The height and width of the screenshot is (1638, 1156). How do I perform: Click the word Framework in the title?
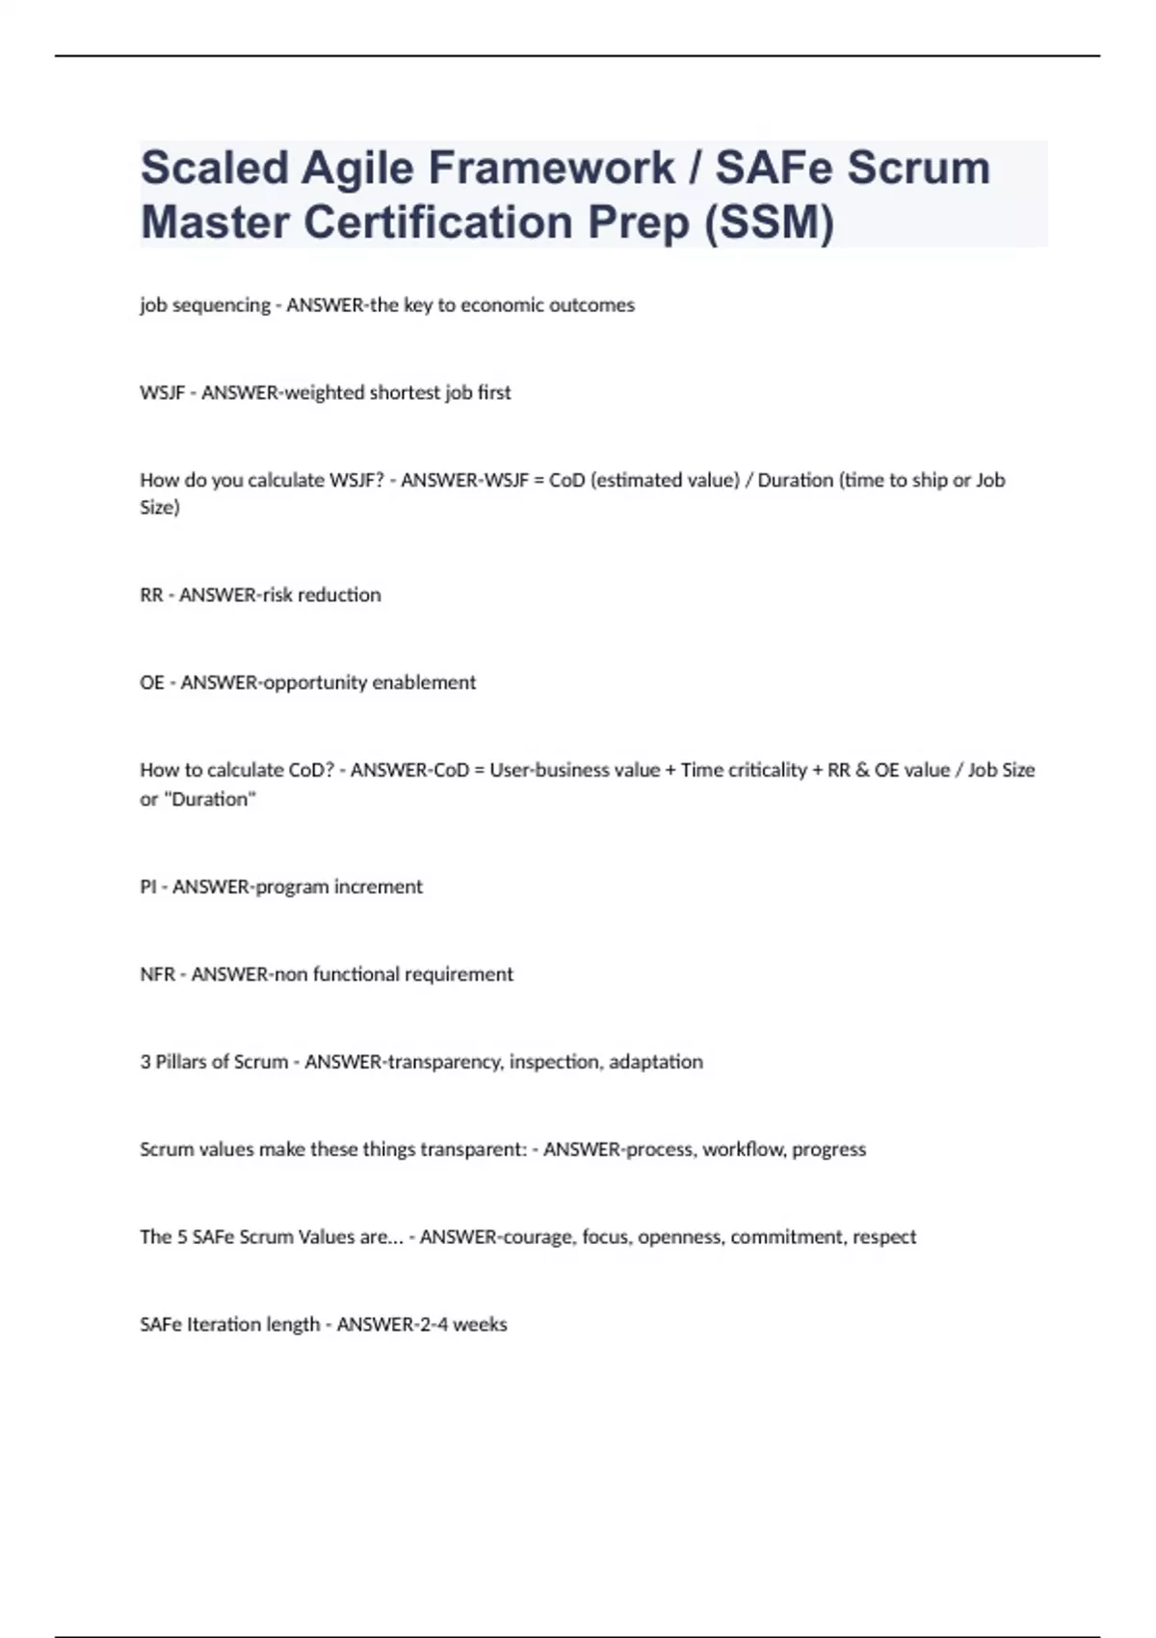coord(551,169)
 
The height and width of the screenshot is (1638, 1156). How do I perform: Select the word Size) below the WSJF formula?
coord(160,508)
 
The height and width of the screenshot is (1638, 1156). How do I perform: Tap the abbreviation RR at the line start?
coord(151,595)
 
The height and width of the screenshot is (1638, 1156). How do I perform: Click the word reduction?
coord(339,595)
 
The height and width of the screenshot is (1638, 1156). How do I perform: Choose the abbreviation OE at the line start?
coord(152,683)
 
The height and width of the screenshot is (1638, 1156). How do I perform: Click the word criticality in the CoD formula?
coord(767,770)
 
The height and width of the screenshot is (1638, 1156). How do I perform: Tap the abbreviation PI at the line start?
coord(147,886)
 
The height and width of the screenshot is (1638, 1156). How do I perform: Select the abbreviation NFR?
coord(157,974)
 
